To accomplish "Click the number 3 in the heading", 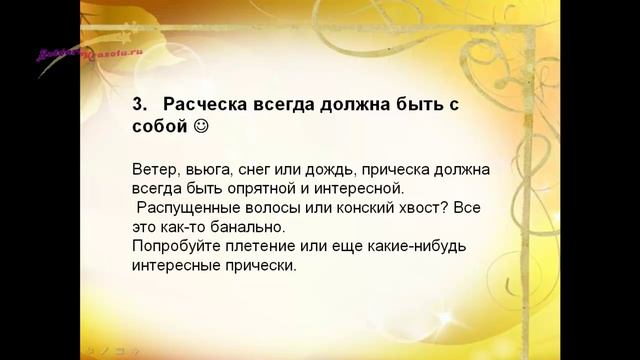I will coord(138,103).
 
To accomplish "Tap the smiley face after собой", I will coord(201,128).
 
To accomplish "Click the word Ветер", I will coord(152,169).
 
